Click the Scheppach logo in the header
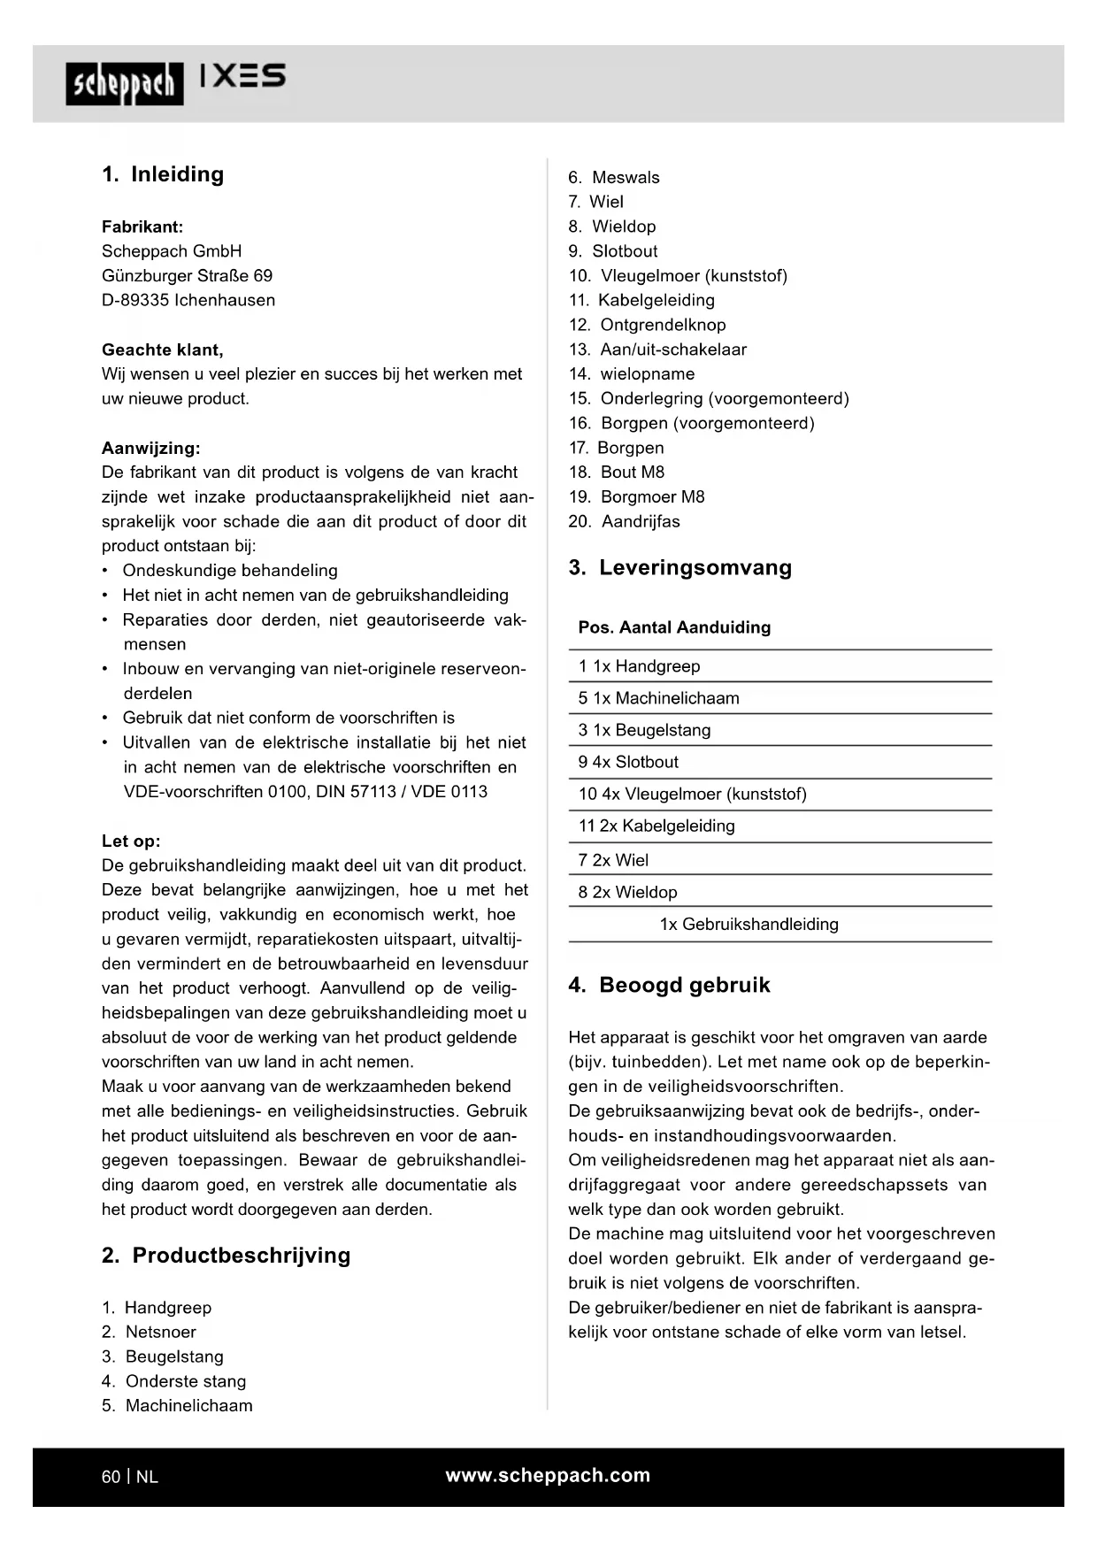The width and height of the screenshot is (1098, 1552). click(124, 84)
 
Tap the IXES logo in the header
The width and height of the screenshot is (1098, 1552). click(242, 76)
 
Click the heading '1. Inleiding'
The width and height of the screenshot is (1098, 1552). click(163, 174)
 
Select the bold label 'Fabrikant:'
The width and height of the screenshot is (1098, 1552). click(142, 227)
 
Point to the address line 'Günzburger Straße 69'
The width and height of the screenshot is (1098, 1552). click(188, 275)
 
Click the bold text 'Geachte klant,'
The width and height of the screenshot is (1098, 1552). click(163, 350)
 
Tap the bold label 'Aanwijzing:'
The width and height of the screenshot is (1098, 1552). click(151, 448)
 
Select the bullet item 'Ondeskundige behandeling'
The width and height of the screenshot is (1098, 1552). click(230, 571)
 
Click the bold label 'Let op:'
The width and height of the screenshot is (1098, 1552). click(131, 841)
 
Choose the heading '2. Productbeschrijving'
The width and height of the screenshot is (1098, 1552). click(227, 1255)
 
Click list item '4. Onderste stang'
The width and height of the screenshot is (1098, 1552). click(174, 1381)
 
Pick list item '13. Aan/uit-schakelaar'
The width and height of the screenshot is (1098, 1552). click(657, 350)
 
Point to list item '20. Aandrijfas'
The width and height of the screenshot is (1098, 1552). click(625, 521)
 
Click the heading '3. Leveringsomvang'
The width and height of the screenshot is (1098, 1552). click(680, 567)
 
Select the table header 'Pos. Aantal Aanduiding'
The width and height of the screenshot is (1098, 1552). click(674, 627)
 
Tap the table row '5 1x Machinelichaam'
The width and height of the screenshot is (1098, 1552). click(658, 698)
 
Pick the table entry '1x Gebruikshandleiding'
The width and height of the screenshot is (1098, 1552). click(749, 924)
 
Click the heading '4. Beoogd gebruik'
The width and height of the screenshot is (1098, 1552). click(670, 985)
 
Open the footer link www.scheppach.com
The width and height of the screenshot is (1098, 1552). click(548, 1475)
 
